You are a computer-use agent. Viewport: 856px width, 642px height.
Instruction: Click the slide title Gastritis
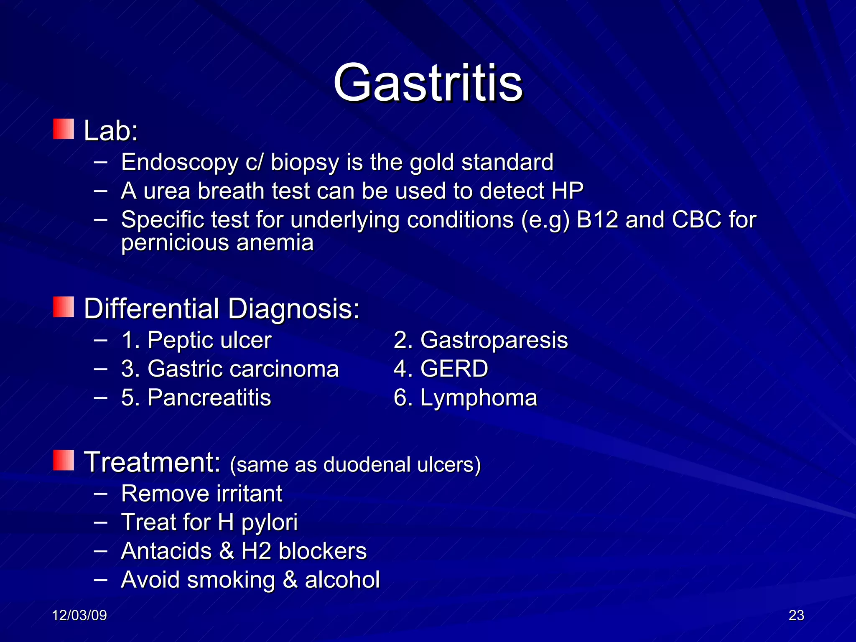(x=428, y=82)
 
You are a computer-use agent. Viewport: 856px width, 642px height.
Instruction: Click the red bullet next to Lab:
(x=64, y=129)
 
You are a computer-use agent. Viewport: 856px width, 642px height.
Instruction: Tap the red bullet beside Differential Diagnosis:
(x=64, y=307)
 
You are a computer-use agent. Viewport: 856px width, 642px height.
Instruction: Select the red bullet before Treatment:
(x=64, y=460)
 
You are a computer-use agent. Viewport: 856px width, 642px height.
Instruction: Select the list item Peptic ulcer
(x=209, y=340)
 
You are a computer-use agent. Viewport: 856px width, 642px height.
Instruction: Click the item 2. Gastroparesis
(x=481, y=340)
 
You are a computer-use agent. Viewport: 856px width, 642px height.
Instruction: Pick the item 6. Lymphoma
(x=465, y=397)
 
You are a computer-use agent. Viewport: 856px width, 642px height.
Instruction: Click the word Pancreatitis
(x=209, y=397)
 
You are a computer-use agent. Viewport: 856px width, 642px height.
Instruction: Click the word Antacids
(x=166, y=551)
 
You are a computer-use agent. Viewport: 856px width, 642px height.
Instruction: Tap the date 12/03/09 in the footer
(x=79, y=615)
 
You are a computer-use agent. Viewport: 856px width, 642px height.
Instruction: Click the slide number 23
(x=796, y=615)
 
